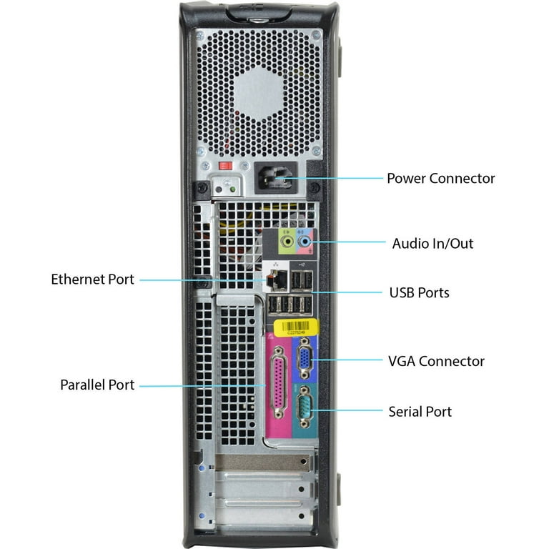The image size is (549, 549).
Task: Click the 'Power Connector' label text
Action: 440,178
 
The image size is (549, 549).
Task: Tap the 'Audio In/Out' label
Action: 432,243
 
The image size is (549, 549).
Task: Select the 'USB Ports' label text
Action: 419,292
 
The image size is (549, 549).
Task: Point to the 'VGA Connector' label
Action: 436,361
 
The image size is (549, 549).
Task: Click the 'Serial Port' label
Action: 420,412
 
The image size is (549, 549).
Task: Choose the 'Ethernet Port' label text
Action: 92,280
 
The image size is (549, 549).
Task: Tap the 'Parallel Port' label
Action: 97,385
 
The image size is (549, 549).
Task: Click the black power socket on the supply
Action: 275,178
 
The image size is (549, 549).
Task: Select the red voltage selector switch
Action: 225,166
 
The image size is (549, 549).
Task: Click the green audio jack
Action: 288,242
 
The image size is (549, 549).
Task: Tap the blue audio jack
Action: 305,242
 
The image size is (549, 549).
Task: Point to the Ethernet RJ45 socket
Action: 276,280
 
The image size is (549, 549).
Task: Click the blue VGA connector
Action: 305,360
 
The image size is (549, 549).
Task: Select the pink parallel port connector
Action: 279,382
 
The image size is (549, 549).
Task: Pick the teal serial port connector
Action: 305,407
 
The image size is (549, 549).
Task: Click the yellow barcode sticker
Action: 296,327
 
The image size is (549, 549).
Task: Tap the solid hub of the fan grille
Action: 259,93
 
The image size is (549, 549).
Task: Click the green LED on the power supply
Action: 232,189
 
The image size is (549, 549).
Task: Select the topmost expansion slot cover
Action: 264,463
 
